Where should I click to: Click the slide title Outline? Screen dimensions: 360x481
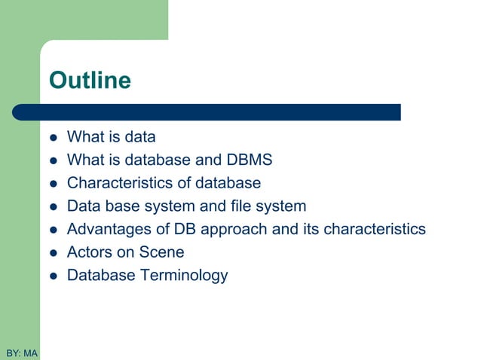[89, 81]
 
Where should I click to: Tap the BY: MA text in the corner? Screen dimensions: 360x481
[21, 352]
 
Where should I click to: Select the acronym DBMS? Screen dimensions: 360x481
[249, 160]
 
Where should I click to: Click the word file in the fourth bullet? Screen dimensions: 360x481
[240, 206]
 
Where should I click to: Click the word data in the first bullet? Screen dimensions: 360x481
[139, 137]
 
